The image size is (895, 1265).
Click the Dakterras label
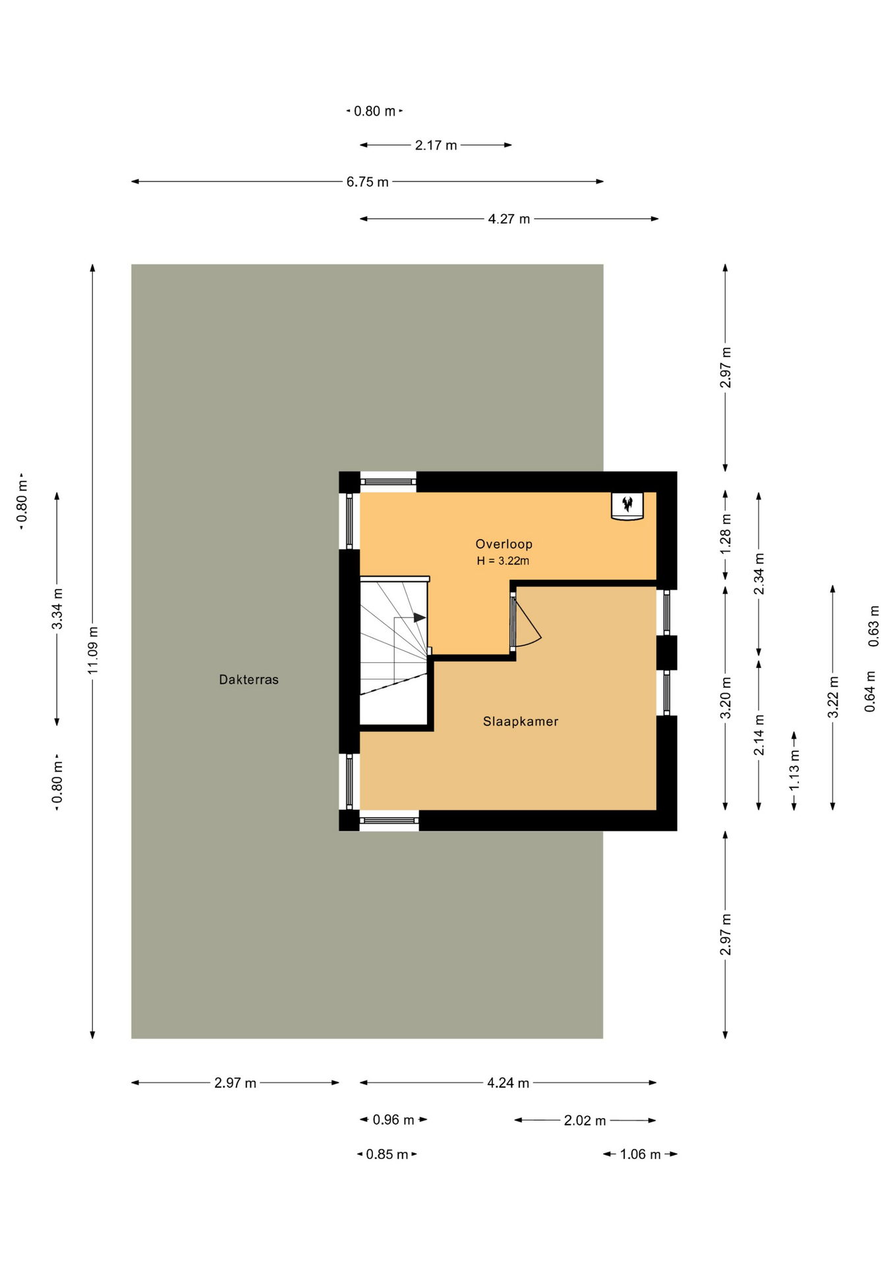(248, 679)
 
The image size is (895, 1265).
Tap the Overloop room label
(504, 544)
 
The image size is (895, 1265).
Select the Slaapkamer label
(521, 721)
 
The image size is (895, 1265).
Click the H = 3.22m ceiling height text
(503, 561)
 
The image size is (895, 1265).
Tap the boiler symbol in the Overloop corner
(627, 506)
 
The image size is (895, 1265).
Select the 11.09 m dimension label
(93, 650)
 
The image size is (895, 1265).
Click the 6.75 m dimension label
(367, 182)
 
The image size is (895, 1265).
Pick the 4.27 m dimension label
(509, 219)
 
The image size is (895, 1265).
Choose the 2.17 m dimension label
(436, 145)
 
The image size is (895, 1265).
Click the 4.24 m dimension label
(508, 1082)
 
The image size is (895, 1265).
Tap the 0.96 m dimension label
(393, 1119)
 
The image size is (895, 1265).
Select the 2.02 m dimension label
(585, 1120)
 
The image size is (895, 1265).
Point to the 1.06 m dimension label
(640, 1154)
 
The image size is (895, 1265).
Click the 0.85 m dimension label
(387, 1154)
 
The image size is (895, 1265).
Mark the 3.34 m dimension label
(57, 608)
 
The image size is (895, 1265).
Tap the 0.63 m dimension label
(874, 626)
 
